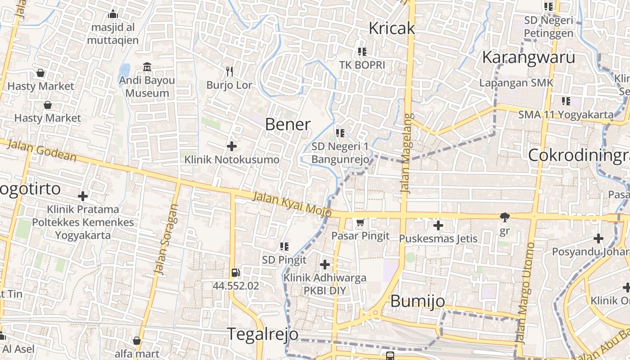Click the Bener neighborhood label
coord(288,124)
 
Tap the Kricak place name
coord(391,28)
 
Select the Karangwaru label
coord(528,58)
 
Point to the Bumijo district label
coord(418,301)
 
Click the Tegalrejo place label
coord(262,334)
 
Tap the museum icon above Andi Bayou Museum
coord(147,67)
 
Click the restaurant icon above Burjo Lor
coord(229,71)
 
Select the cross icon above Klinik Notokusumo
coord(232,146)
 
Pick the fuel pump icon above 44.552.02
coord(235,273)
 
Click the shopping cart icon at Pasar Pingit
coord(360,222)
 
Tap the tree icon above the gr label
coord(505,218)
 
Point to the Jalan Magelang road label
coord(407,153)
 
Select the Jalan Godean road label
coord(42,150)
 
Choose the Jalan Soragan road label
coord(166,239)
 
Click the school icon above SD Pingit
coord(284,246)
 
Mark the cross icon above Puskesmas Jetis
coord(438,225)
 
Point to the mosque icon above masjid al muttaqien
coord(113,14)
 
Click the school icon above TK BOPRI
coord(362,51)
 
